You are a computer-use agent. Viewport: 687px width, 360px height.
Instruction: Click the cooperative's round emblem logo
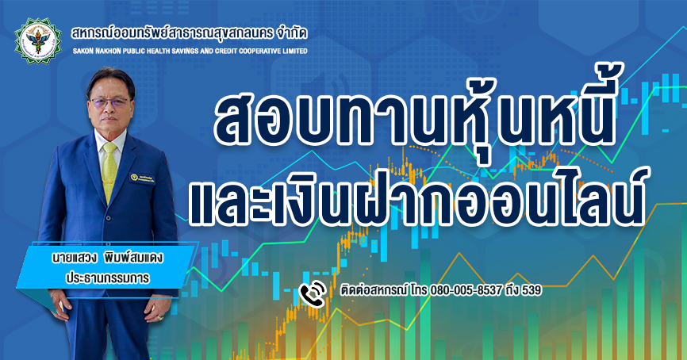[x=38, y=41]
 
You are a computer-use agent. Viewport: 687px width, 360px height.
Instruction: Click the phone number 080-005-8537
[x=466, y=290]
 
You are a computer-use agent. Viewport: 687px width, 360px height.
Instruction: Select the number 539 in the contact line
[x=531, y=290]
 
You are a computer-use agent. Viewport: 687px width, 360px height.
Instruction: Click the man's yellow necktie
[x=109, y=171]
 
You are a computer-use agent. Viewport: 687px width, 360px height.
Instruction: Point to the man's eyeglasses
[x=109, y=103]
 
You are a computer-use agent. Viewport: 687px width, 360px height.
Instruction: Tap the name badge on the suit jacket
[x=142, y=178]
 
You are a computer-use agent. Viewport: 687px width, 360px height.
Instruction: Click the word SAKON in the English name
[x=82, y=52]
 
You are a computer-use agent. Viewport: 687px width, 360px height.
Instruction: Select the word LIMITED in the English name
[x=295, y=52]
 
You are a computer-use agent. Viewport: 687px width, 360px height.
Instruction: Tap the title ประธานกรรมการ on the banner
[x=107, y=278]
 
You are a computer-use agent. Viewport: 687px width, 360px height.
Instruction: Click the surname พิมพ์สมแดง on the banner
[x=133, y=258]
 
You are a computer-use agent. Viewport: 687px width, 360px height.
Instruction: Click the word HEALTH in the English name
[x=156, y=52]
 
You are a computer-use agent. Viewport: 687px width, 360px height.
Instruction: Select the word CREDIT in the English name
[x=225, y=52]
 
